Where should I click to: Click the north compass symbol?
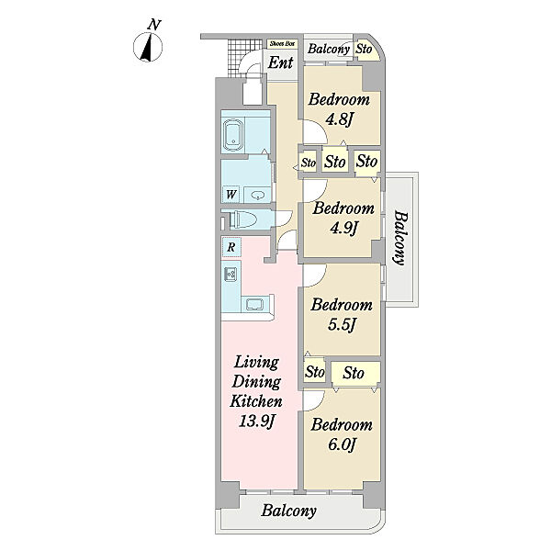[148, 47]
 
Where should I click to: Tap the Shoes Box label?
[283, 44]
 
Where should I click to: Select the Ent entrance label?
[280, 62]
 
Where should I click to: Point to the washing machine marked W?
[231, 194]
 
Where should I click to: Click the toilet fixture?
[242, 219]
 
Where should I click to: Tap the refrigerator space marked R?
[231, 247]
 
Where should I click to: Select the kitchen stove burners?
[231, 274]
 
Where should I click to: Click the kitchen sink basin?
[254, 304]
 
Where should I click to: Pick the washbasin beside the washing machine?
[257, 195]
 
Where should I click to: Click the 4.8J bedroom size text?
[339, 120]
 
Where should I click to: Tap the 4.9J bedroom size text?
[343, 229]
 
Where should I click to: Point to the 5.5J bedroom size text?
[342, 325]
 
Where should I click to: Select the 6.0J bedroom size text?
[342, 444]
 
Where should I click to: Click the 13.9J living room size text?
[256, 421]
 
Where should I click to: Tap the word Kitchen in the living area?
[256, 401]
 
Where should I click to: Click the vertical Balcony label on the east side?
[399, 238]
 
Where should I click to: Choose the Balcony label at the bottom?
[288, 511]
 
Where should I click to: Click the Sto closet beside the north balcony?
[365, 49]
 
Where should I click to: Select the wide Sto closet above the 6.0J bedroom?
[354, 373]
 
